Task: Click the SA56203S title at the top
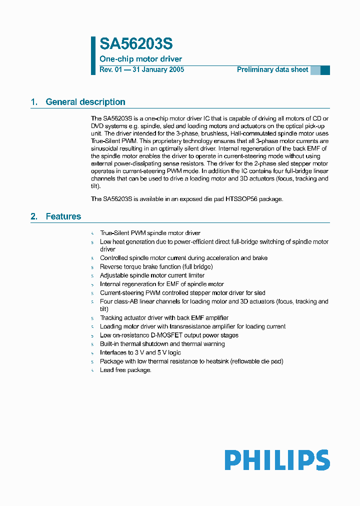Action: coord(136,44)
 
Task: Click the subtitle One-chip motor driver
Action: coord(141,59)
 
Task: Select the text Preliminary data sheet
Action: coord(272,70)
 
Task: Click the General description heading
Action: coord(85,102)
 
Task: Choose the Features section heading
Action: coord(63,216)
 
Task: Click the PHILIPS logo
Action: coord(277,460)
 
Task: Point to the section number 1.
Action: coord(34,102)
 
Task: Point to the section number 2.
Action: coord(34,216)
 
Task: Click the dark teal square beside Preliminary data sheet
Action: coord(325,70)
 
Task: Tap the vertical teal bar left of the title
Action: coord(93,55)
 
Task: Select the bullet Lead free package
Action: coord(125,370)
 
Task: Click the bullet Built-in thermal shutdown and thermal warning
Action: coord(162,344)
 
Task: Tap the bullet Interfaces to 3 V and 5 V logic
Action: coord(140,352)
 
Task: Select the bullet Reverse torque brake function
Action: coord(156,267)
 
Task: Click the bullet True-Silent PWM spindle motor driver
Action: coord(150,233)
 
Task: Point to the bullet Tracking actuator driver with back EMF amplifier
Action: coord(164,318)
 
